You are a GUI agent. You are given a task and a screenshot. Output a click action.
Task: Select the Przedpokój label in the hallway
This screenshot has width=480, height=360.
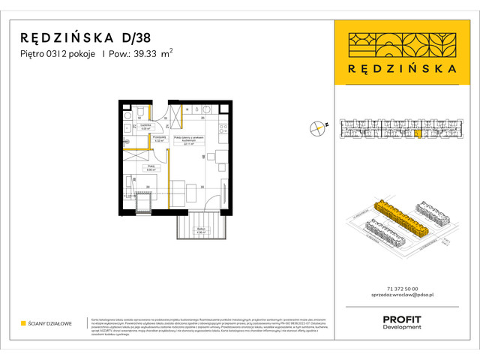159,139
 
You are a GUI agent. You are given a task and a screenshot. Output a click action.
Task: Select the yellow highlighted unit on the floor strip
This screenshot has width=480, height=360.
418,133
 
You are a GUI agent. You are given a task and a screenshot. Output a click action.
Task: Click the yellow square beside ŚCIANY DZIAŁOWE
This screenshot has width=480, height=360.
24,324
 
